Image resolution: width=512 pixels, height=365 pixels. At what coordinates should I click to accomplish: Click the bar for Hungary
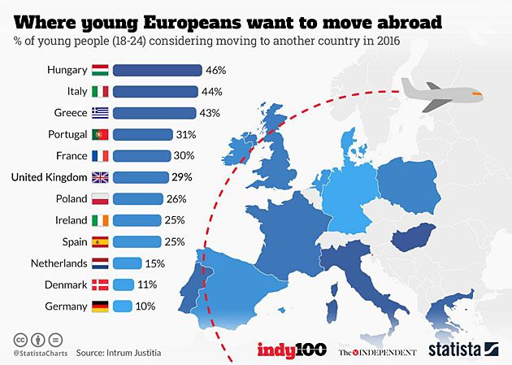[158, 71]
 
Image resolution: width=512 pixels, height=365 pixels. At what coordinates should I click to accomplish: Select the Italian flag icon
[100, 92]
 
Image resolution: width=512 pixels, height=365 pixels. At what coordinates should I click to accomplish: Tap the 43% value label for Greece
[210, 113]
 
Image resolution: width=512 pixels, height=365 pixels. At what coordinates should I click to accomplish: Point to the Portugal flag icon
[100, 134]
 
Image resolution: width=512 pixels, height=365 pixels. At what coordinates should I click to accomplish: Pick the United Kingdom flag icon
[100, 177]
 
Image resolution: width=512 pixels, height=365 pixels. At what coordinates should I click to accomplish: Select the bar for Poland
[141, 198]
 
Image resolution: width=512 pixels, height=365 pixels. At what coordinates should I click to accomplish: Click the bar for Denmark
[124, 285]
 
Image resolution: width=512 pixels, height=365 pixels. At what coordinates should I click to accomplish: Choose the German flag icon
[100, 306]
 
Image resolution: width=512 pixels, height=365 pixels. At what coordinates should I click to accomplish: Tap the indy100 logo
[293, 350]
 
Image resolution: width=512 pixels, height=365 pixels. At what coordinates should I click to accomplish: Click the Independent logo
[377, 351]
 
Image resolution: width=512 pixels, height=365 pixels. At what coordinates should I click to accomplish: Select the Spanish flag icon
[100, 241]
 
